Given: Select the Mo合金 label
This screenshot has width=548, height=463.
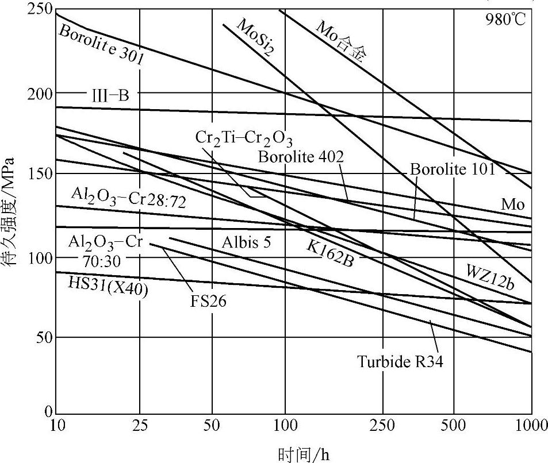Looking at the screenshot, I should [x=342, y=40].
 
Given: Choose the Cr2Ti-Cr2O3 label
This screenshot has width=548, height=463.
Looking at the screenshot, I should [x=244, y=139].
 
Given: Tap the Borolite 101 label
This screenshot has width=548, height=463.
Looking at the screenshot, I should [x=452, y=169].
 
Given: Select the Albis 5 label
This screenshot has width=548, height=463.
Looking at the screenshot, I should [x=246, y=242].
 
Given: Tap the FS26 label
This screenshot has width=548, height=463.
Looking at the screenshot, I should [x=209, y=300].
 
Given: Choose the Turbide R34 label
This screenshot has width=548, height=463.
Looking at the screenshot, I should [x=400, y=362].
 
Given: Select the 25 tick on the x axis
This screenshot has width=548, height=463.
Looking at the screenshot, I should [x=140, y=426].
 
